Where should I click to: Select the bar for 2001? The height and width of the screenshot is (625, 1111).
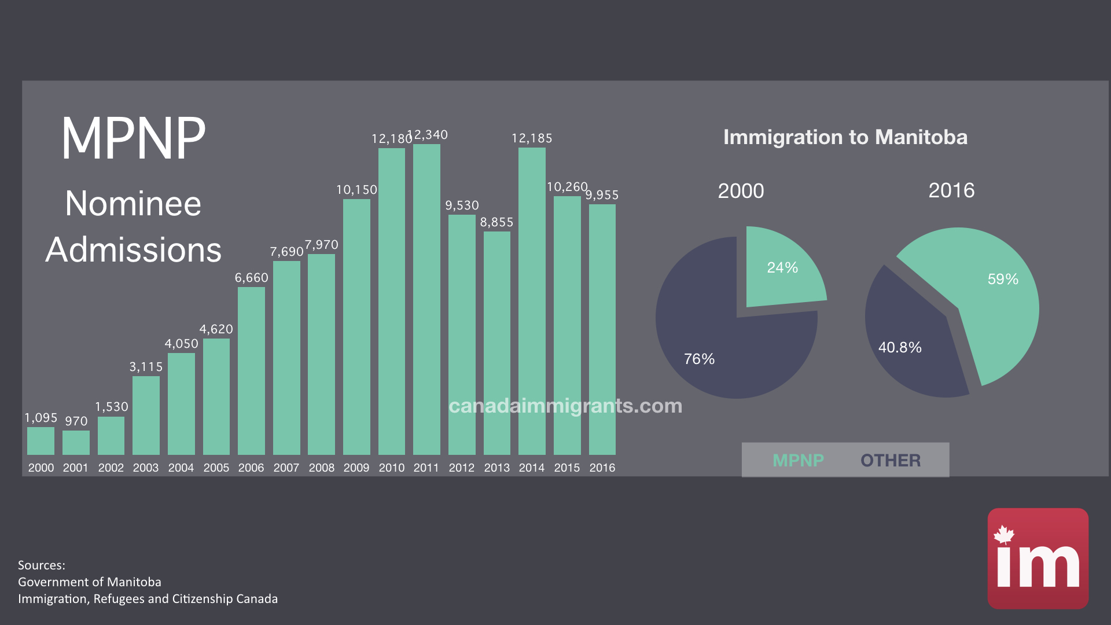[x=76, y=443]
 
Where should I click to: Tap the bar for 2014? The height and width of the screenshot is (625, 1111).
[x=532, y=301]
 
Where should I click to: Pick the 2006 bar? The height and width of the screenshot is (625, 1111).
[x=251, y=370]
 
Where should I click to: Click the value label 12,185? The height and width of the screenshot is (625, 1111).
[x=532, y=138]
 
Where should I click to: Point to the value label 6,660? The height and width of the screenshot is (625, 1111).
[x=251, y=278]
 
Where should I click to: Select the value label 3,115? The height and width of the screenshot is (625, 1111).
[x=146, y=367]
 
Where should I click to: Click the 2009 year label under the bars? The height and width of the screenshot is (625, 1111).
[x=356, y=468]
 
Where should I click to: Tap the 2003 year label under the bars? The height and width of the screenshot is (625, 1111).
[x=146, y=468]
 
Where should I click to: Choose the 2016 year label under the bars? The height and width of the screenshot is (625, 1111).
[x=602, y=468]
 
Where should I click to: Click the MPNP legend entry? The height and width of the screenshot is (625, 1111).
[x=798, y=461]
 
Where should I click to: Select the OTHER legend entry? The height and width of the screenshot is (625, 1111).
[x=891, y=461]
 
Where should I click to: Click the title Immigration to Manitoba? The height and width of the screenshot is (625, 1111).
[x=845, y=137]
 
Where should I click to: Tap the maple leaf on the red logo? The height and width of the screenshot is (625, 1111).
[x=1004, y=535]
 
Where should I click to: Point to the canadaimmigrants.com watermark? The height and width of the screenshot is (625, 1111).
[x=565, y=406]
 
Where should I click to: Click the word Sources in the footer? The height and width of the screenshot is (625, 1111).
[x=41, y=565]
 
